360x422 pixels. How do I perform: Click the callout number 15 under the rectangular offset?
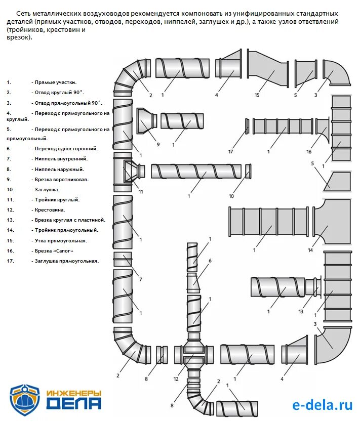(x=257, y=95)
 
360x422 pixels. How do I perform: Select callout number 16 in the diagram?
(x=308, y=151)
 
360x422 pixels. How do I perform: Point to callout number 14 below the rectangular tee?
(x=310, y=250)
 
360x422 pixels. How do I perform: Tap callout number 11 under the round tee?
(x=141, y=192)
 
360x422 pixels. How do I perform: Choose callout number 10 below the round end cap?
(x=231, y=196)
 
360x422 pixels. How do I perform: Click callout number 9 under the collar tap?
(x=157, y=145)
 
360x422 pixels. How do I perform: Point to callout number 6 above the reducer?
(x=210, y=260)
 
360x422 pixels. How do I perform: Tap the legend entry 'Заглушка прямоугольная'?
(x=66, y=261)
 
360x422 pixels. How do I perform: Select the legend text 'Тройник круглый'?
(x=57, y=200)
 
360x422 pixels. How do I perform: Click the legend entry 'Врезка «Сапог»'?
(x=55, y=251)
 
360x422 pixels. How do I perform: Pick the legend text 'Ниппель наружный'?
(x=59, y=170)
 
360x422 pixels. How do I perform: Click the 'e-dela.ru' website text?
(x=322, y=404)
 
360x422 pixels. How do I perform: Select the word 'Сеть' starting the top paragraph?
(x=23, y=13)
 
